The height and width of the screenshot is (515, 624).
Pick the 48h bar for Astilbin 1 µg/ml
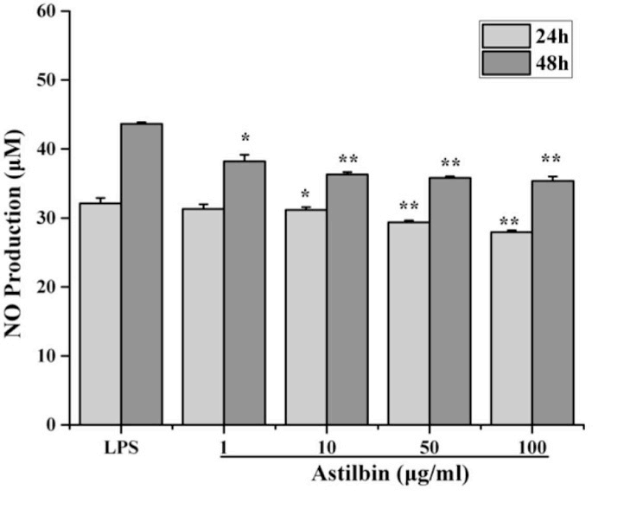(x=245, y=293)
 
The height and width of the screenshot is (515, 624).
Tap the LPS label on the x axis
(x=121, y=449)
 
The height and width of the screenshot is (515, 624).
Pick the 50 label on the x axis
(x=430, y=449)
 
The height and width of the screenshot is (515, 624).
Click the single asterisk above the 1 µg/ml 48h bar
(x=245, y=139)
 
